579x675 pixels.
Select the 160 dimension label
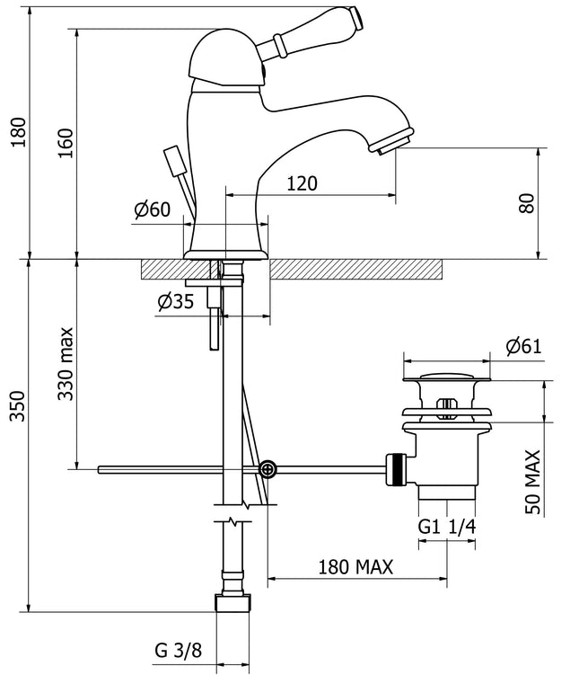(66, 144)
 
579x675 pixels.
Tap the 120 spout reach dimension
(303, 183)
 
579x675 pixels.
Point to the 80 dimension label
(527, 201)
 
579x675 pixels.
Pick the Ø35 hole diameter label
(175, 302)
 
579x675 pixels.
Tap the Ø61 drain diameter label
(523, 346)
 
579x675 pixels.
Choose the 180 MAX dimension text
(355, 567)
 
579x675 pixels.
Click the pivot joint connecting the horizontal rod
(267, 468)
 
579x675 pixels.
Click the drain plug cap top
(445, 376)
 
